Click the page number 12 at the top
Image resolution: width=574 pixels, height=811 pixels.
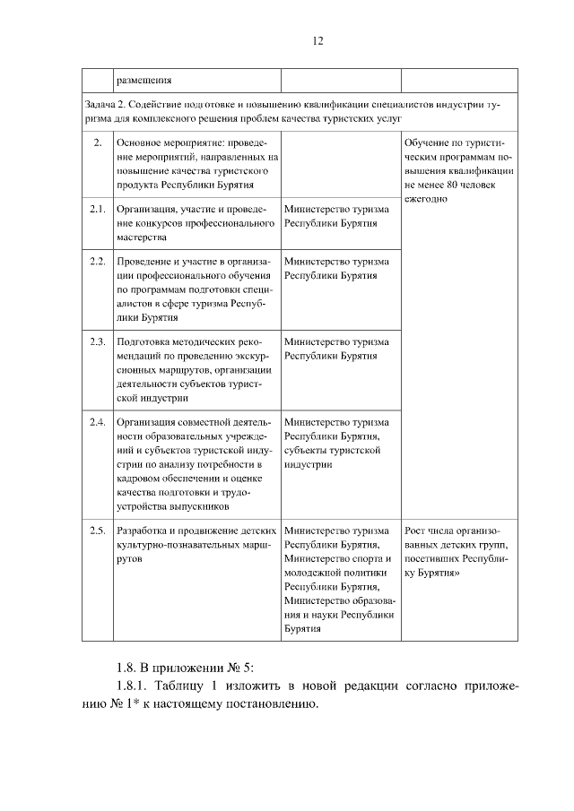click(x=317, y=40)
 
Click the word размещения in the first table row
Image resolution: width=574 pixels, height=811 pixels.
click(x=143, y=81)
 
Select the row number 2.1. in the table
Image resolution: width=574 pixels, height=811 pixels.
click(x=98, y=209)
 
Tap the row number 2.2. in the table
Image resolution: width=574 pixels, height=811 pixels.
click(x=98, y=261)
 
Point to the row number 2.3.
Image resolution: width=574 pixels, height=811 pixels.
click(x=98, y=341)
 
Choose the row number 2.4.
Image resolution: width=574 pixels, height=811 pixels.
click(x=98, y=421)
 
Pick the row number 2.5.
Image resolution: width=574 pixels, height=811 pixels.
click(x=98, y=531)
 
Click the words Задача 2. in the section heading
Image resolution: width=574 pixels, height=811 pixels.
click(x=98, y=104)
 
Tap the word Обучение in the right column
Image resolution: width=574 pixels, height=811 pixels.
click(x=428, y=142)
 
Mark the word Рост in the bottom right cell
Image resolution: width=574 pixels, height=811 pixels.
click(x=417, y=531)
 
